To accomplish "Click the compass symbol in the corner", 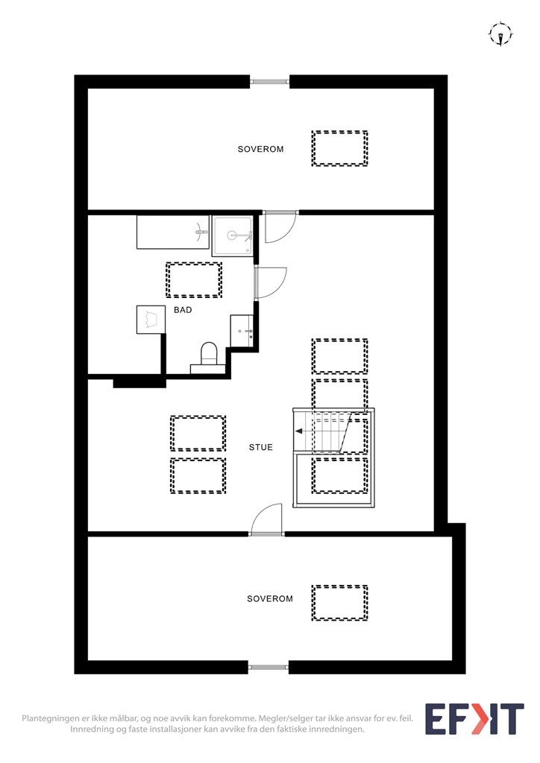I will point(500,34).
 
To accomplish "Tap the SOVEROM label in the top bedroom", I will point(260,149).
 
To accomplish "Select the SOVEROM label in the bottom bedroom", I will point(270,598).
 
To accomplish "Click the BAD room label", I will point(183,309).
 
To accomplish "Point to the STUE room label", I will point(261,448).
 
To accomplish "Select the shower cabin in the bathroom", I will point(233,235).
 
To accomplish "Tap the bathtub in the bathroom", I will point(173,232).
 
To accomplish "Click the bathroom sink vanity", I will point(243,331).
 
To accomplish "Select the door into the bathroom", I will point(270,282).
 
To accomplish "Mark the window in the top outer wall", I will point(269,81).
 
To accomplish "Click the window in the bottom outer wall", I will point(269,667).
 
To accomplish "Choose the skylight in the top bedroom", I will point(339,148).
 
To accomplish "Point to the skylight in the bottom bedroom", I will point(339,603).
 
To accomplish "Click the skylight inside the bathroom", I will point(194,279).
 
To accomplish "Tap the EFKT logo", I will point(474,719).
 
